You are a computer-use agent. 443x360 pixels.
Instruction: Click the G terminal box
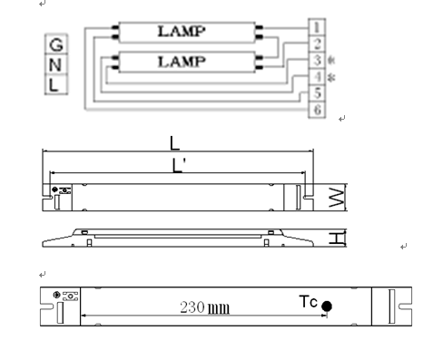tap(56, 44)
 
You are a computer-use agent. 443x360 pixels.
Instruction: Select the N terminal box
tap(56, 64)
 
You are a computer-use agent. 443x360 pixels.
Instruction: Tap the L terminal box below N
tap(56, 84)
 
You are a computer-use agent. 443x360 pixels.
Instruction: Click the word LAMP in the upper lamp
tap(182, 32)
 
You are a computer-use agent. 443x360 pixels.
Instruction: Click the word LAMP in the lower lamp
tap(182, 62)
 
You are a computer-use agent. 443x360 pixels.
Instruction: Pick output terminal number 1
tap(317, 27)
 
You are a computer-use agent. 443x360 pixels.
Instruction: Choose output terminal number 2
tap(317, 44)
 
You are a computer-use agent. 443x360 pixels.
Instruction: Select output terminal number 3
tap(317, 61)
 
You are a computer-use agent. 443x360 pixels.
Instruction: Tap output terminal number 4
tap(317, 77)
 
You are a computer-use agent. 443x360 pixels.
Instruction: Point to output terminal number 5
tap(317, 93)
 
